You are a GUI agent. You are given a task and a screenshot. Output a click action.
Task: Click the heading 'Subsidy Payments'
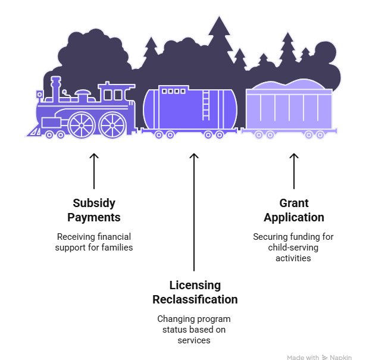(x=94, y=210)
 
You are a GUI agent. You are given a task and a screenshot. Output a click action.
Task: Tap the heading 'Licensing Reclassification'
(x=195, y=292)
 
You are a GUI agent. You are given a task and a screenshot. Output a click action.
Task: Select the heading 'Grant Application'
(x=294, y=210)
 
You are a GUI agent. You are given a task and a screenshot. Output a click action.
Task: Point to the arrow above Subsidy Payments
(x=94, y=171)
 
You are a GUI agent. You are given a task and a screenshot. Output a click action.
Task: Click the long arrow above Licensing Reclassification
(x=194, y=212)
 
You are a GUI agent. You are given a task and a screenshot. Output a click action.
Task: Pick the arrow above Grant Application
(x=294, y=171)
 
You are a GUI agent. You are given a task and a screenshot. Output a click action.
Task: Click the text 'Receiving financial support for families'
(x=94, y=242)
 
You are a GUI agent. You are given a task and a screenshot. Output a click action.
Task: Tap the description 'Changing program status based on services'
(x=194, y=330)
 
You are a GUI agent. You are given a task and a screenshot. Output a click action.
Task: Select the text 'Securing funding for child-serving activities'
(x=293, y=248)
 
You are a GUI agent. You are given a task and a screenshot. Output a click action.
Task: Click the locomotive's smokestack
(x=55, y=89)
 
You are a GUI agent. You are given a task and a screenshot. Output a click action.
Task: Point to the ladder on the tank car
(x=206, y=105)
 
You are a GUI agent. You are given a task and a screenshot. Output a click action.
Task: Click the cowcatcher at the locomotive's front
(x=35, y=131)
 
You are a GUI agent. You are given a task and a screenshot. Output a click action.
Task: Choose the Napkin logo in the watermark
(x=325, y=357)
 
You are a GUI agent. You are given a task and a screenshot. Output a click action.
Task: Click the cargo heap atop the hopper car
(x=289, y=84)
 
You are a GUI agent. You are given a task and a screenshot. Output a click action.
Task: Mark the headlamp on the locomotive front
(x=40, y=95)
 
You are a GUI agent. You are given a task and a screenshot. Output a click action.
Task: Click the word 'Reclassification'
(x=195, y=299)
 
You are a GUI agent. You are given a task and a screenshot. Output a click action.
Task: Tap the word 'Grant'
(x=294, y=203)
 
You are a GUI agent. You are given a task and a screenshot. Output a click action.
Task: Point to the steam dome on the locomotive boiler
(x=83, y=96)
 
